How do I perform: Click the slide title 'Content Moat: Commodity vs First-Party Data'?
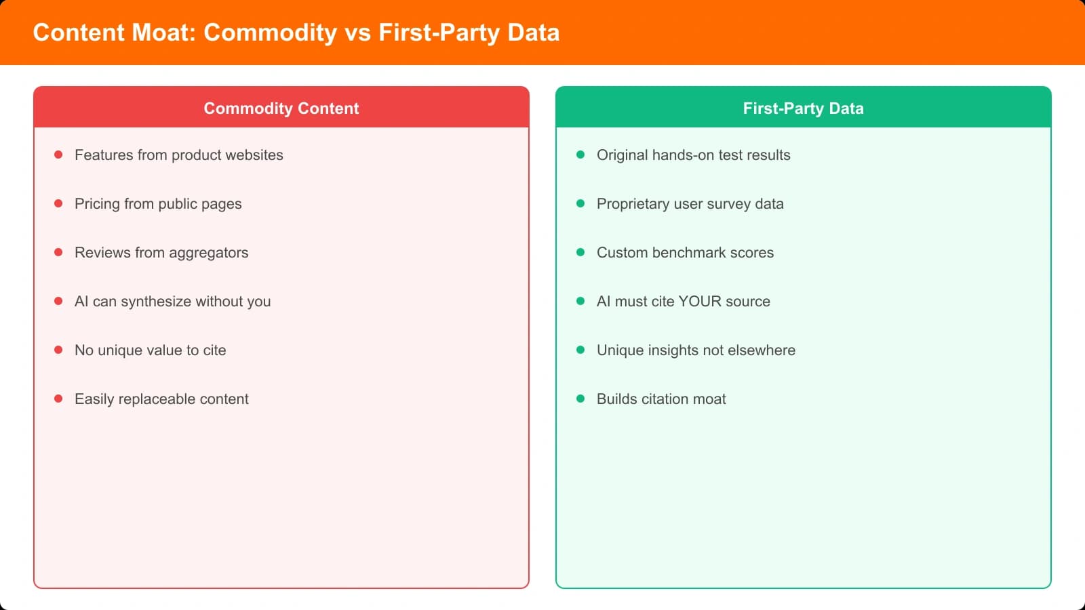[296, 33]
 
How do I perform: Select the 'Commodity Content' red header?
[281, 108]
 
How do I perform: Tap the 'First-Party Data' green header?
[803, 108]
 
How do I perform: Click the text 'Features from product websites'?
[179, 155]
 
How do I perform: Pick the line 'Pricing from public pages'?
[158, 204]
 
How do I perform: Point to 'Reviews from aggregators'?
[161, 253]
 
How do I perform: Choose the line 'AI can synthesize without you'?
[172, 302]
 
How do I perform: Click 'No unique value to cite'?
[150, 350]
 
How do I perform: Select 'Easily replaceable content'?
[161, 399]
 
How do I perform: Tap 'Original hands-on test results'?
[693, 155]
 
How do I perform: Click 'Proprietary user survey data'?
[690, 204]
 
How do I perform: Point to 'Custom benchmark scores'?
[685, 253]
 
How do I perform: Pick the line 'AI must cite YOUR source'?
[683, 302]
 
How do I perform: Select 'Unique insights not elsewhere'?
[696, 350]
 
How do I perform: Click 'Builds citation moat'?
[661, 399]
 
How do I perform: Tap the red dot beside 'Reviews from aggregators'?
[58, 252]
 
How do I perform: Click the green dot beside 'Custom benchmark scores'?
[580, 252]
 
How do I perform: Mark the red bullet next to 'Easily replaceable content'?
[58, 399]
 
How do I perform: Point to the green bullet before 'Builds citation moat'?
[580, 399]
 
